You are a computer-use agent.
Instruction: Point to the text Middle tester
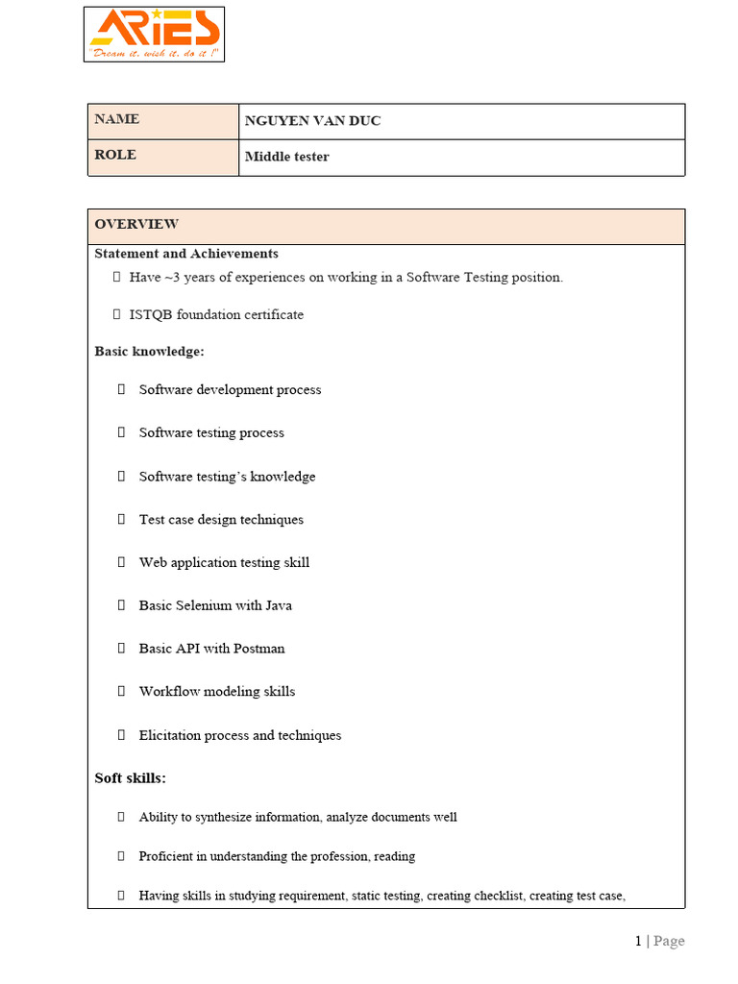286,157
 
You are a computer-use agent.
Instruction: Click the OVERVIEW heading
136,224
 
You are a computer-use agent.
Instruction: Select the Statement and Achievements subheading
186,254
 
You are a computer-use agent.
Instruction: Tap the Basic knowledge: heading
149,352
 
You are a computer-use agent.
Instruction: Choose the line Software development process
230,390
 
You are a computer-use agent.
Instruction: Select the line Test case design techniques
221,520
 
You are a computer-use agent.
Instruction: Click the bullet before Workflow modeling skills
122,692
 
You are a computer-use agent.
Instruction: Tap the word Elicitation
170,735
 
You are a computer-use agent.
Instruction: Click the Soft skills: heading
131,777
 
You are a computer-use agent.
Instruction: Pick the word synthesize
222,818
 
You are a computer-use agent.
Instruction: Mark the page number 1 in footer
638,942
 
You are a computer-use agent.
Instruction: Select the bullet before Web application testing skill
122,563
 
